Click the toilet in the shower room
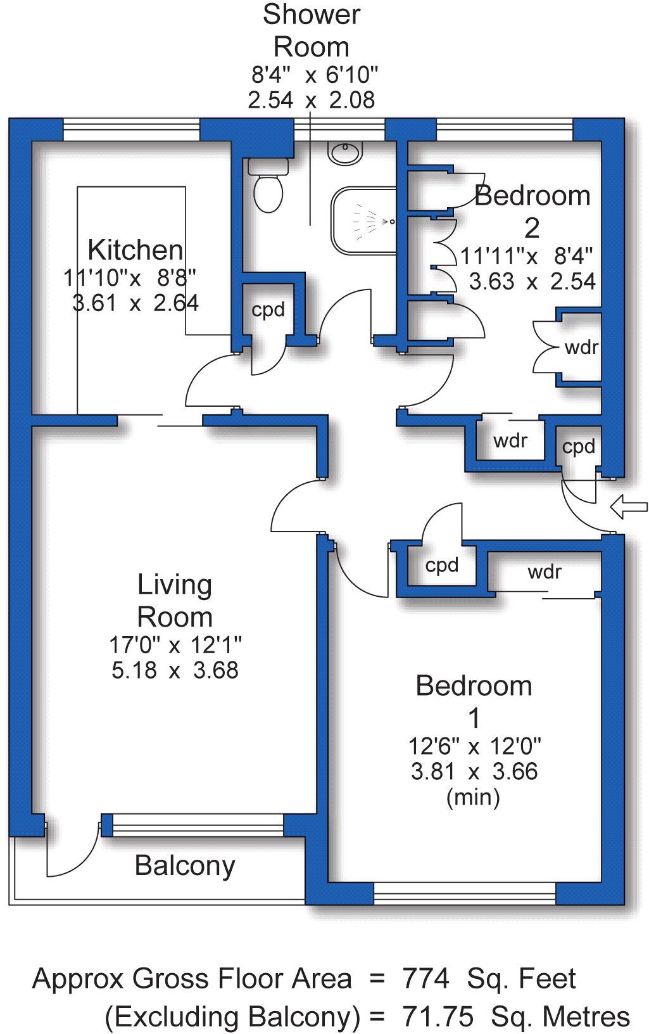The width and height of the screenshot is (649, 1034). point(268,190)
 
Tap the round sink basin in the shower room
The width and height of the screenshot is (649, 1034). point(345,153)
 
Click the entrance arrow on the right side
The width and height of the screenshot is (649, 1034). point(628,506)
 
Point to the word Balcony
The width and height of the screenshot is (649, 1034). point(185,865)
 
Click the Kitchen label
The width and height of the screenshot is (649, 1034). point(135,250)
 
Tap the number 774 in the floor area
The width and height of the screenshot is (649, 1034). point(426,979)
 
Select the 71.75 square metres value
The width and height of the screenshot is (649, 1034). point(438,1016)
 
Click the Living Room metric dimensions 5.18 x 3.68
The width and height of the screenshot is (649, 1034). point(175,670)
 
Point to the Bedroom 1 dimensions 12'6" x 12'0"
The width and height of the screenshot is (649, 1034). point(474,746)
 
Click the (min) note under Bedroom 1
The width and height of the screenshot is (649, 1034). point(474,796)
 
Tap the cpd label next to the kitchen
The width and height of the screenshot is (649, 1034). point(268,310)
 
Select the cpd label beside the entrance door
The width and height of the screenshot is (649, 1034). point(578,447)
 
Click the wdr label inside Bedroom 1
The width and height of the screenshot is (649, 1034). point(545,572)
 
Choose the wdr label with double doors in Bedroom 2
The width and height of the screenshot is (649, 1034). point(581,347)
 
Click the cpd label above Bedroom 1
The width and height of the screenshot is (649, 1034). point(441,565)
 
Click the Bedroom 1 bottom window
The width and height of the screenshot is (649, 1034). point(465,894)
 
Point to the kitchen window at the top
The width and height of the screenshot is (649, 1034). point(132,130)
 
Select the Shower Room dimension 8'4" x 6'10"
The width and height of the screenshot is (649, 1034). point(314,75)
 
